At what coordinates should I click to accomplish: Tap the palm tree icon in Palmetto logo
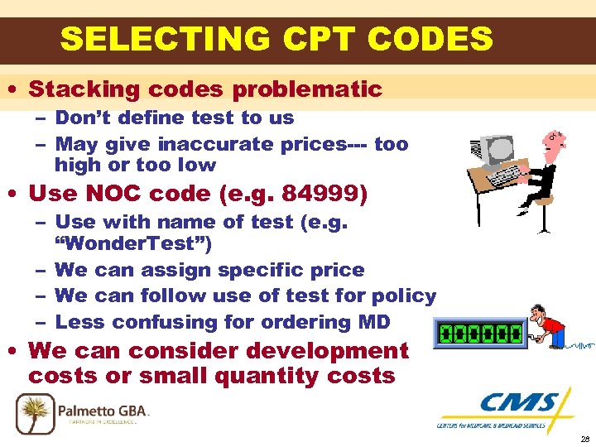point(33,411)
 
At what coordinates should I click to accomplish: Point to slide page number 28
point(584,440)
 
